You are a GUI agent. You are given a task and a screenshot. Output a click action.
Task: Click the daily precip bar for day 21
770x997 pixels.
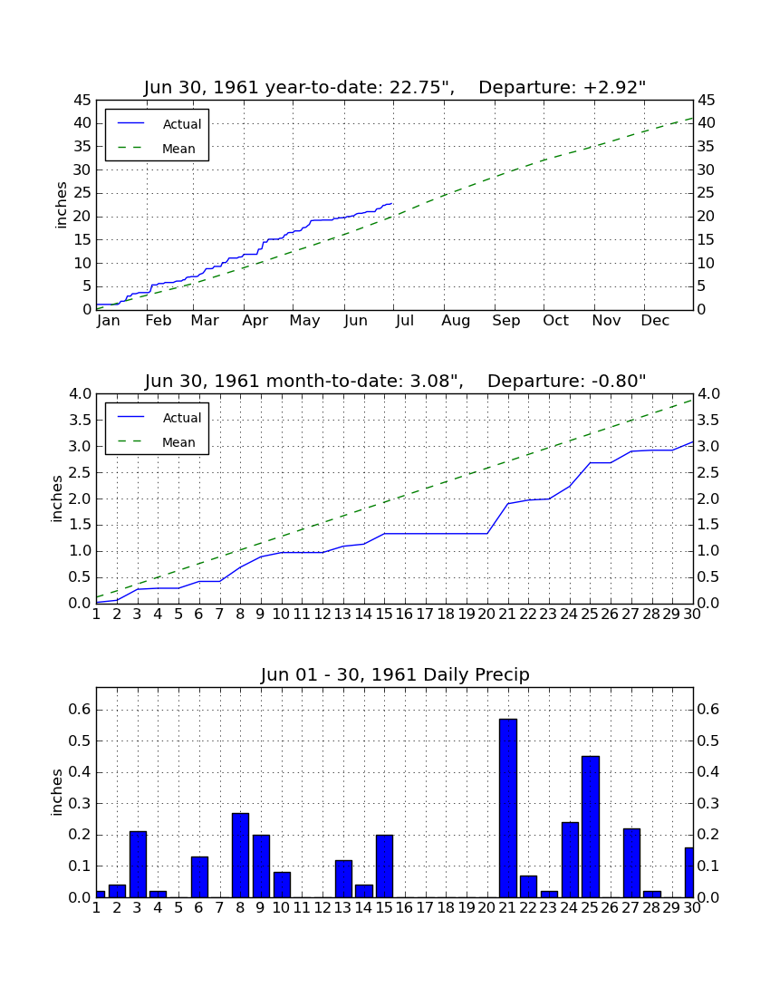click(507, 808)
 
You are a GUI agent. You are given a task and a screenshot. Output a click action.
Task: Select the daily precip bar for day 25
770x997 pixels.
click(591, 827)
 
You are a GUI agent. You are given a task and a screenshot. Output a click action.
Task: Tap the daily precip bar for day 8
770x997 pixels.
click(240, 856)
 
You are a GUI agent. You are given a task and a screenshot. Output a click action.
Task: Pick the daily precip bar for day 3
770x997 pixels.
click(138, 864)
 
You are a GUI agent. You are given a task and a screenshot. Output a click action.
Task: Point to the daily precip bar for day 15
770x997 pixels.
click(384, 866)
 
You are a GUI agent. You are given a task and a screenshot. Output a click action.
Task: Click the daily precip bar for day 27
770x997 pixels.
click(631, 863)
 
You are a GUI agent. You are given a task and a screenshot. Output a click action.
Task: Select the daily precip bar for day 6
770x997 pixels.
click(199, 876)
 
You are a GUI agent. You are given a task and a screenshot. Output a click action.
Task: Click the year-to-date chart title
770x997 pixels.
click(395, 87)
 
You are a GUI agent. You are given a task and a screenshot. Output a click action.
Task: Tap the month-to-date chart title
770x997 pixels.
click(395, 381)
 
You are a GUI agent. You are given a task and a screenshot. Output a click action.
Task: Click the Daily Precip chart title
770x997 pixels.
click(395, 674)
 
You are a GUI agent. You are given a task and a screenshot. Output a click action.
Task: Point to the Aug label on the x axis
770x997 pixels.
click(456, 321)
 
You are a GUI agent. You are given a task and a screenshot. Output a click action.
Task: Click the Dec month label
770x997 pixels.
click(655, 321)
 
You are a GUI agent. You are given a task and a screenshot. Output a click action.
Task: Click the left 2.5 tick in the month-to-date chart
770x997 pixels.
click(80, 472)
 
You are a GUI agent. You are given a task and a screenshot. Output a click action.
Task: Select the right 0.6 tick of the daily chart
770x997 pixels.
click(708, 709)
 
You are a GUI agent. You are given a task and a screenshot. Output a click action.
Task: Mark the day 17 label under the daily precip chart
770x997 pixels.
click(425, 908)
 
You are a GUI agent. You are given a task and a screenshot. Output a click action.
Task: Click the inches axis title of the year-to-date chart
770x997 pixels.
click(61, 205)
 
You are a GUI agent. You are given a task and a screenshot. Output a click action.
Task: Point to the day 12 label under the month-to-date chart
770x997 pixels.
click(322, 615)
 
